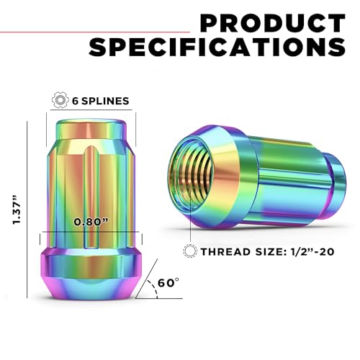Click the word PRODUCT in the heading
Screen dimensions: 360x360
click(273, 23)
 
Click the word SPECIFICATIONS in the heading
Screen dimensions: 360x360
click(217, 47)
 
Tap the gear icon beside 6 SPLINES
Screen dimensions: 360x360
click(59, 99)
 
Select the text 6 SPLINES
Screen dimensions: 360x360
click(101, 101)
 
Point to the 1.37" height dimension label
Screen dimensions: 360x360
click(17, 210)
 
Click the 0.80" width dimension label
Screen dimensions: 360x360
click(91, 222)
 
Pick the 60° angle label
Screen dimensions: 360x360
click(168, 283)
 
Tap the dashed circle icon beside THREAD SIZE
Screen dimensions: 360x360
click(190, 251)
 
